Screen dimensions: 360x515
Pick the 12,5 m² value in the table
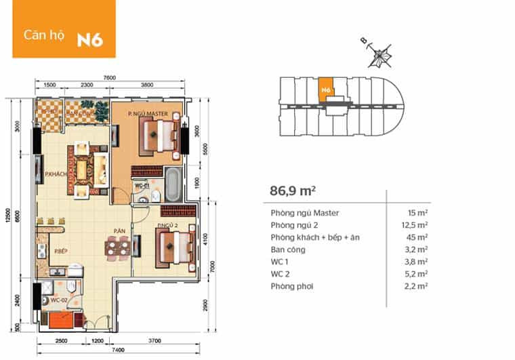point(414,225)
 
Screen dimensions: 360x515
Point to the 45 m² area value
point(418,237)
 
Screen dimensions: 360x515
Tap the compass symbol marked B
point(380,54)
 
